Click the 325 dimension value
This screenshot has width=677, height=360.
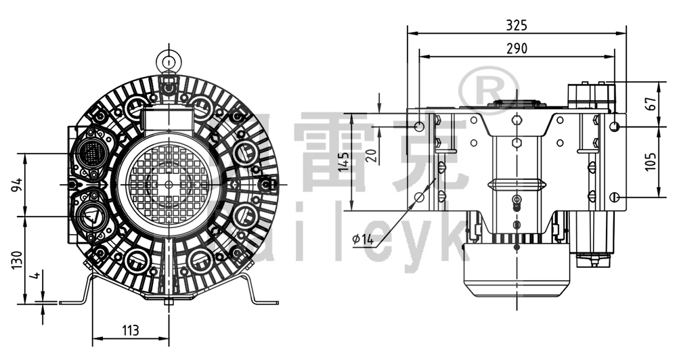click(517, 25)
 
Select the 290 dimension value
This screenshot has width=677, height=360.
click(517, 48)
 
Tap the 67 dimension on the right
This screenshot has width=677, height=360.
click(651, 104)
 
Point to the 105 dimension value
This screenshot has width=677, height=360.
click(651, 161)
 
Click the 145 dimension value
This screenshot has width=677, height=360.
click(344, 163)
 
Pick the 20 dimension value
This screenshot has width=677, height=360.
click(370, 155)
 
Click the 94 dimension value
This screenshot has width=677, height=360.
click(17, 184)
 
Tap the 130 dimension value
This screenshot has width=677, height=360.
click(17, 259)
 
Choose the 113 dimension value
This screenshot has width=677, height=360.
click(130, 330)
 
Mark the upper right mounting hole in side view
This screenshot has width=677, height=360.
click(614, 127)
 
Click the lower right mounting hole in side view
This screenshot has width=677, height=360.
click(614, 197)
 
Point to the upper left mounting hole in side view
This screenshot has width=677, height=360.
click(419, 127)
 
